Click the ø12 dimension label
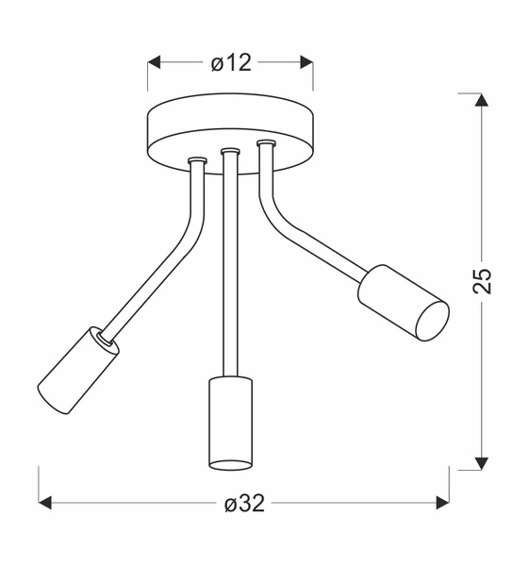pyautogui.click(x=230, y=63)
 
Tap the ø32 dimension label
pyautogui.click(x=244, y=504)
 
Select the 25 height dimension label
pyautogui.click(x=482, y=280)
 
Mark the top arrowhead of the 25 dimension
pyautogui.click(x=482, y=99)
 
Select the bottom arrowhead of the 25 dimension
pyautogui.click(x=482, y=462)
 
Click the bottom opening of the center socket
pyautogui.click(x=230, y=463)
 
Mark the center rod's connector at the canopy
pyautogui.click(x=229, y=151)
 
